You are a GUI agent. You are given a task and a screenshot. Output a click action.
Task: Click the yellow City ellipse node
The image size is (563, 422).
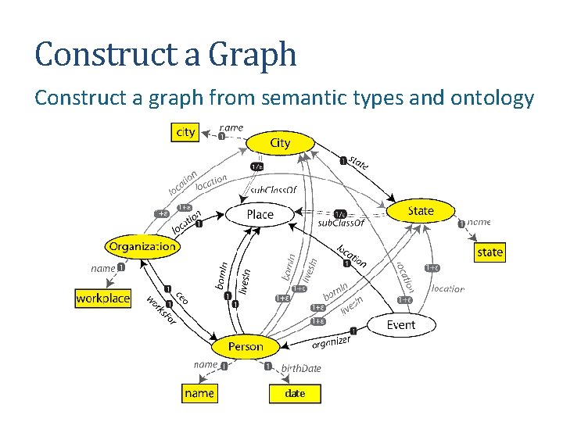[280, 143]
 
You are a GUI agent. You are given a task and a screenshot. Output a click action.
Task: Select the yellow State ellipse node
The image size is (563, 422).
[421, 211]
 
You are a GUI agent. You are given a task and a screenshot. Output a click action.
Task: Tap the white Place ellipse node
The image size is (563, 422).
[260, 214]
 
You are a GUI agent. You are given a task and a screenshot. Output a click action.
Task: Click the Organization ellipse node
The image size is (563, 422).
[142, 246]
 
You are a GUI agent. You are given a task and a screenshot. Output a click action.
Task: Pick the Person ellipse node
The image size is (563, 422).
[246, 346]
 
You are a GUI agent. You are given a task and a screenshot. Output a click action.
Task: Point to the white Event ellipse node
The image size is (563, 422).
[401, 325]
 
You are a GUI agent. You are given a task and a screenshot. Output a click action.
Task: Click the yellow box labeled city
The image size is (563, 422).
[185, 132]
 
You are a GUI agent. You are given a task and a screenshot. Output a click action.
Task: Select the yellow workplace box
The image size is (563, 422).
[102, 299]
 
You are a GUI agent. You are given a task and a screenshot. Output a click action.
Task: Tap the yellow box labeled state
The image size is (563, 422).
[489, 252]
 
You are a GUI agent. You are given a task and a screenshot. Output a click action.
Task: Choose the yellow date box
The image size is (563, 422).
[295, 393]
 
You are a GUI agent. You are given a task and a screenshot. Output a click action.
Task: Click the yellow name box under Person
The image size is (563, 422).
[199, 393]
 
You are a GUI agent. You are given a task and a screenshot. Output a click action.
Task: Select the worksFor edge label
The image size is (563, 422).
[162, 312]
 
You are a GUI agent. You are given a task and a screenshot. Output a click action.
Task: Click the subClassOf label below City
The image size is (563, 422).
[273, 190]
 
